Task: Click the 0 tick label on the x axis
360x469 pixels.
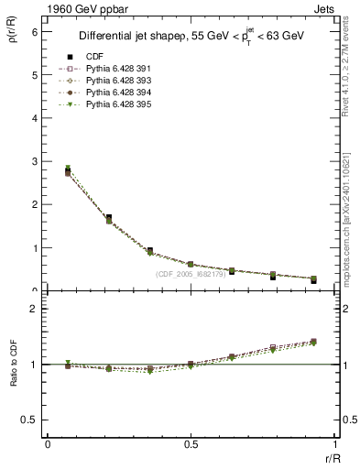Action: click(48, 444)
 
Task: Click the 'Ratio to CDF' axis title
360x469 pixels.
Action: click(14, 364)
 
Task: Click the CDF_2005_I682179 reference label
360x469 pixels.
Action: click(197, 273)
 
